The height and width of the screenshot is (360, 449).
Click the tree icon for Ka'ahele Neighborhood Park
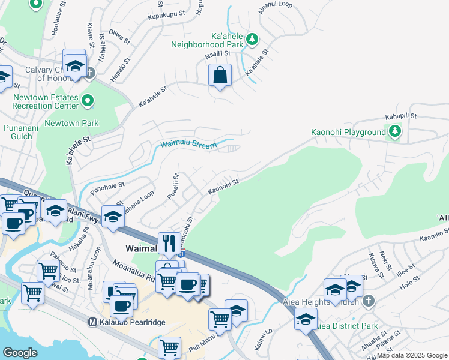pyautogui.click(x=253, y=40)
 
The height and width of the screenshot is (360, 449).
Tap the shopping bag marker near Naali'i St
pyautogui.click(x=220, y=76)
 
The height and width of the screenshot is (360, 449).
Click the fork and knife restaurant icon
pyautogui.click(x=169, y=243)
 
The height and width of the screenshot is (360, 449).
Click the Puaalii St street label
pyautogui.click(x=176, y=187)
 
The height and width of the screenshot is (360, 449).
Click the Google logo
pyautogui.click(x=20, y=352)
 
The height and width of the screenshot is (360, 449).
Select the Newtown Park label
pyautogui.click(x=73, y=123)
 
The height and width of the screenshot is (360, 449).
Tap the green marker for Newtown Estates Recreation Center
pyautogui.click(x=88, y=101)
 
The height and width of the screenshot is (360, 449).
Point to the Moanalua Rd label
pyautogui.click(x=131, y=272)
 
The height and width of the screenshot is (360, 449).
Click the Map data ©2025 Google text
pyautogui.click(x=411, y=355)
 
